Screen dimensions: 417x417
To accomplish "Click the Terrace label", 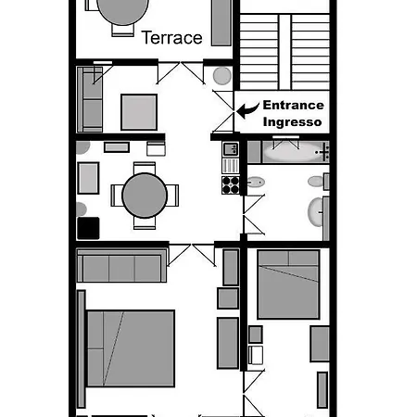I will pos(171,38).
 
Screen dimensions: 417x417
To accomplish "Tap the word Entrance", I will pos(292,106).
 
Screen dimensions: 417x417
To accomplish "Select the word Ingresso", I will pos(292,122).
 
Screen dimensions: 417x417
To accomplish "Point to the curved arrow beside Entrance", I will pos(246,110).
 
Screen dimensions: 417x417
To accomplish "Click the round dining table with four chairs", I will pos(144,194).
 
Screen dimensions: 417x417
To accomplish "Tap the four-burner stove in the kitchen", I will pos(231,184).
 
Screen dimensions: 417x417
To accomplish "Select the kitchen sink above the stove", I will pos(231,148).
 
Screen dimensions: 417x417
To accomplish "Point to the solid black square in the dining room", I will pos(88,228).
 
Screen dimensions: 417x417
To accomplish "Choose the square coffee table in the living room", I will pos(139,112).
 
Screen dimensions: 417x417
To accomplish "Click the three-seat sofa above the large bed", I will pos(120,268).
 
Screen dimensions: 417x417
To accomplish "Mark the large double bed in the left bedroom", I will pos(130,347).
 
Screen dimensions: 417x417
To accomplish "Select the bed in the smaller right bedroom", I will pos(288,284).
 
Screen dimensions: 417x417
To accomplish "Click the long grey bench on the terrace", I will pos(221,22).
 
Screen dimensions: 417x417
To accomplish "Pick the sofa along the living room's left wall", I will pos(90,100).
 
